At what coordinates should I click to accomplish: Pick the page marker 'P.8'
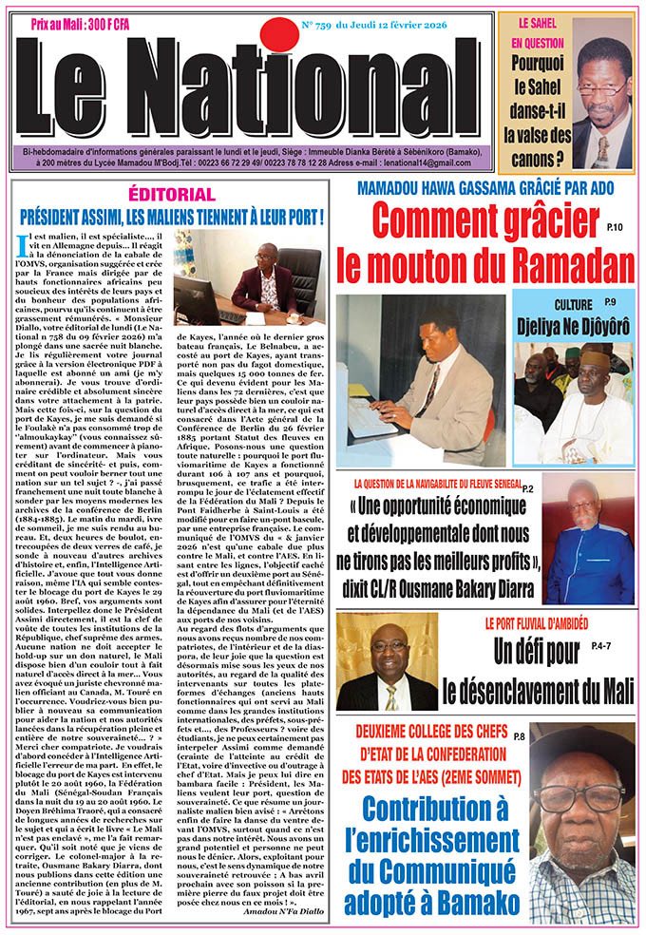(x=545, y=736)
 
